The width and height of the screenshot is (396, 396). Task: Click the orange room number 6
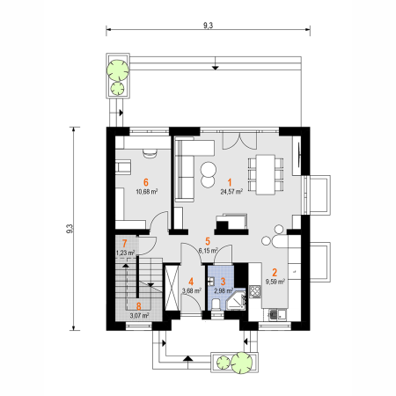(x=146, y=182)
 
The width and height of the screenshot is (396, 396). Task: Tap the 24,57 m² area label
(x=231, y=192)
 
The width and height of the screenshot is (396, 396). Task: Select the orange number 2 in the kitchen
(x=275, y=273)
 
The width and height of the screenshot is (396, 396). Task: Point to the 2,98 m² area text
(x=223, y=290)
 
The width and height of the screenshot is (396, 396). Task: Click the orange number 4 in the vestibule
(x=191, y=282)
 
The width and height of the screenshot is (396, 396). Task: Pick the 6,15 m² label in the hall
(x=208, y=251)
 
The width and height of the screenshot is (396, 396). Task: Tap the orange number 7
(x=125, y=243)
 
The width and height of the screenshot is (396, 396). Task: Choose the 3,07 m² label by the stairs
(x=139, y=316)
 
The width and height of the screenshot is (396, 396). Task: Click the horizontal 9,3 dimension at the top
(x=208, y=26)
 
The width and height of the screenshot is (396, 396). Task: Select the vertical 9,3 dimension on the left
(x=70, y=229)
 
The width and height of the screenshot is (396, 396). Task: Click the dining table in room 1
(x=266, y=174)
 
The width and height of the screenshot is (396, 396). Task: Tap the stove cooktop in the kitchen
(x=255, y=291)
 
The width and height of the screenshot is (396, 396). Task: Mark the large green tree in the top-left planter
(x=118, y=70)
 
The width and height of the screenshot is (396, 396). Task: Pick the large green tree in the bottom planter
(x=241, y=363)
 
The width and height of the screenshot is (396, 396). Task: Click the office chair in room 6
(x=150, y=153)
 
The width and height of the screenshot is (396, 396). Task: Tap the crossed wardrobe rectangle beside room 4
(x=172, y=288)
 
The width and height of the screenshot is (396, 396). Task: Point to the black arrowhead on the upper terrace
(x=216, y=68)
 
